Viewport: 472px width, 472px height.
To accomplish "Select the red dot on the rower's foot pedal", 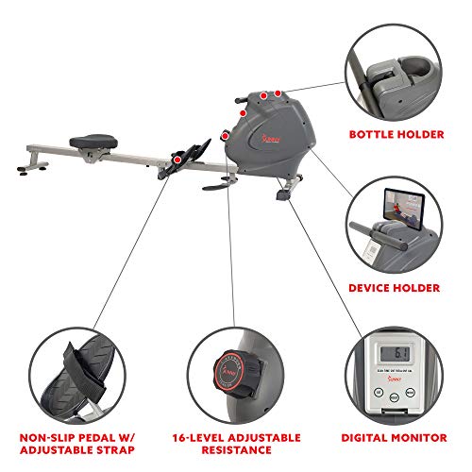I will click(x=177, y=160).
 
